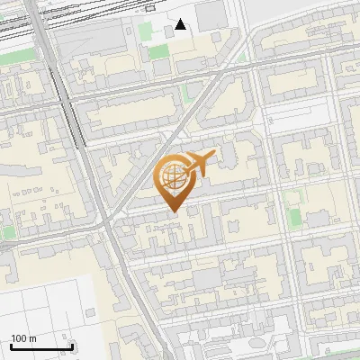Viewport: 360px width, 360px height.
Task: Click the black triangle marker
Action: (181, 24)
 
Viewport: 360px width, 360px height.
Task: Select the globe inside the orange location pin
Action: (173, 176)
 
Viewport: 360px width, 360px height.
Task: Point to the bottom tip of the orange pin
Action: (173, 212)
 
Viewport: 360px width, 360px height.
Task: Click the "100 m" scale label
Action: (23, 338)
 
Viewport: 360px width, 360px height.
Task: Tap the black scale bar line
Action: (41, 346)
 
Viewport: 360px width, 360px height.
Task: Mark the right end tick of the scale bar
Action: (72, 345)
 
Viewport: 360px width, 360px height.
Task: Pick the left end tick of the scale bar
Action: (11, 345)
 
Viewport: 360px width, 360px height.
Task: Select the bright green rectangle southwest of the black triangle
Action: (159, 51)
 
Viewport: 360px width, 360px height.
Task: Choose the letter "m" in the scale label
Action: (32, 338)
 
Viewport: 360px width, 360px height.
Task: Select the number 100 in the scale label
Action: (19, 338)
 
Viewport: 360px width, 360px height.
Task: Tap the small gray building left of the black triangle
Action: (168, 31)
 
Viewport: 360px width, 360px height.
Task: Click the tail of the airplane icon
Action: (185, 171)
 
